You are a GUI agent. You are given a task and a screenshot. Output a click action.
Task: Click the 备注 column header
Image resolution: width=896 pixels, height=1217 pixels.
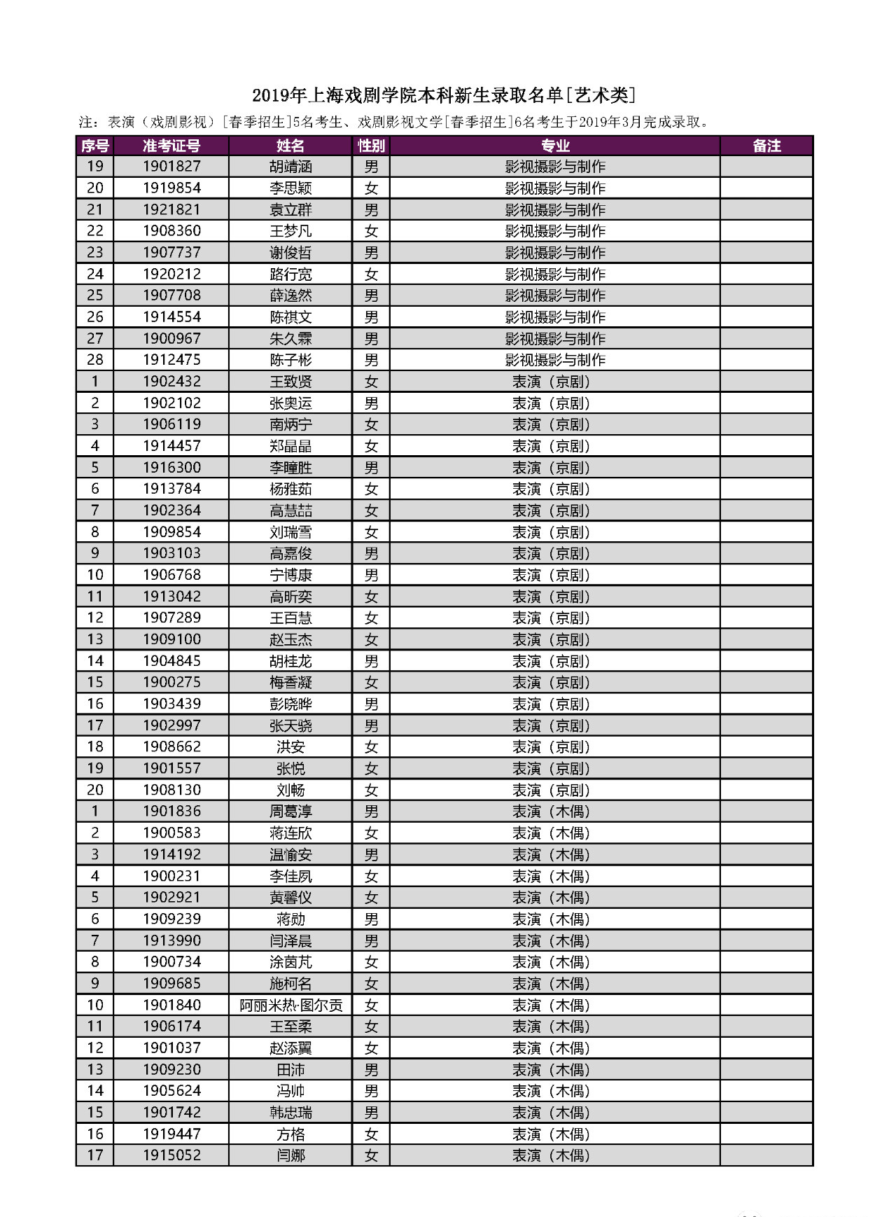pos(766,146)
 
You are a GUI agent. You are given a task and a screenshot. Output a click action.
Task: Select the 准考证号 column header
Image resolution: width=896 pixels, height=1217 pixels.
pos(171,146)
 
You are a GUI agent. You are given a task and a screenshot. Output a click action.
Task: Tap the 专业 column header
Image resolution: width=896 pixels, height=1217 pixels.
pos(554,146)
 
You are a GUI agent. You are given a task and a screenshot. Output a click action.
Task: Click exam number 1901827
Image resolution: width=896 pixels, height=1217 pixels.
pos(171,167)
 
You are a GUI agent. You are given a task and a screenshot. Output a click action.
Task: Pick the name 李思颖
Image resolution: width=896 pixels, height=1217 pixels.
pos(290,188)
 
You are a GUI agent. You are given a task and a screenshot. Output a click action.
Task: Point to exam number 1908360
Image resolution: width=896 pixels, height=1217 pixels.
pos(171,231)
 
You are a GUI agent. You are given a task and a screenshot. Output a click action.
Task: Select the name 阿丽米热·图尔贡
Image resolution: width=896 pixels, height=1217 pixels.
pos(290,1006)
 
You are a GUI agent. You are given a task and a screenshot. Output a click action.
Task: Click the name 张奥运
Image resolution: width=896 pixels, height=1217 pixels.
pos(290,403)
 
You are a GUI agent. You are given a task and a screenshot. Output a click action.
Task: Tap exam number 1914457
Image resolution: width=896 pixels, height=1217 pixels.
pos(171,446)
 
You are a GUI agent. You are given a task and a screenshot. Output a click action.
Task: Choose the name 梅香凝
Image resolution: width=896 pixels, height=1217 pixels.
pos(290,683)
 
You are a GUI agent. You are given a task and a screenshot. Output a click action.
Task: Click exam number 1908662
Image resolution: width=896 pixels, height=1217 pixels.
pos(171,747)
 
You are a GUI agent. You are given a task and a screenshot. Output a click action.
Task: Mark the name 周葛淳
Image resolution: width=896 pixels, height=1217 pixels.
pos(290,812)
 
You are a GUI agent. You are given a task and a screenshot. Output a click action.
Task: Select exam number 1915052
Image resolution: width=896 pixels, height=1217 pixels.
pos(171,1156)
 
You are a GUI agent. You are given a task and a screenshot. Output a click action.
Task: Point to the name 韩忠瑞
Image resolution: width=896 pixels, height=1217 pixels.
pos(290,1113)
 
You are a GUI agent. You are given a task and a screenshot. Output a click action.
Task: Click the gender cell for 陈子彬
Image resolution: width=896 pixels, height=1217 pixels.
pos(371,360)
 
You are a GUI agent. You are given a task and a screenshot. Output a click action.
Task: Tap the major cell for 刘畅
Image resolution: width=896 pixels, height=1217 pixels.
pos(551,790)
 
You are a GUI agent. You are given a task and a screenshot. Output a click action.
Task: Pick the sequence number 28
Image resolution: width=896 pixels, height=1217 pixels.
pos(95,360)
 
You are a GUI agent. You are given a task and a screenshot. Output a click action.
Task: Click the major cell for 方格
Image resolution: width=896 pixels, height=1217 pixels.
pos(551,1134)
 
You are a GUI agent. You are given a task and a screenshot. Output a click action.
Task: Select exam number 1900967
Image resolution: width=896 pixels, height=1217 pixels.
pos(171,339)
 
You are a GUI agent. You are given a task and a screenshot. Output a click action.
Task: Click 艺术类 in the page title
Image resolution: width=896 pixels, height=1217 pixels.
pos(601,95)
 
